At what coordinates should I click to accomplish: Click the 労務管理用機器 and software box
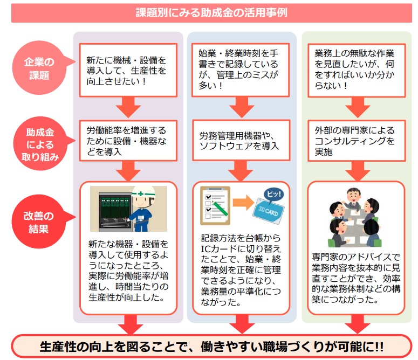239,142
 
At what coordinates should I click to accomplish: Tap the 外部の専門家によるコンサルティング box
356,141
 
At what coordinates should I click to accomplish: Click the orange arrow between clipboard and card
243,204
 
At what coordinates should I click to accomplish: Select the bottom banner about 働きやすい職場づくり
211,346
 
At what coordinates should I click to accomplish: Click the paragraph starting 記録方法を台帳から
239,269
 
